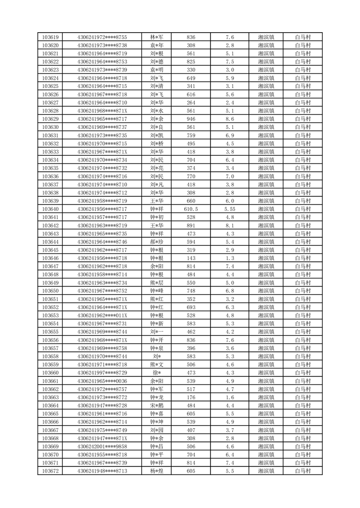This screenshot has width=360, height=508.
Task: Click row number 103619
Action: [x=50, y=37]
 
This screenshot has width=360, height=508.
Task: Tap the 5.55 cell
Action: [x=229, y=209]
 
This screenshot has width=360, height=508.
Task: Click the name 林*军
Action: [x=157, y=37]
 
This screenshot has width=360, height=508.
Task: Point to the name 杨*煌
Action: [x=157, y=471]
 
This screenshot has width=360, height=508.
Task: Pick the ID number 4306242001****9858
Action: [x=102, y=446]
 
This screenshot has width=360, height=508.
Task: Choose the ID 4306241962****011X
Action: [x=102, y=316]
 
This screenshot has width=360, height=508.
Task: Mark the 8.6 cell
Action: [x=229, y=119]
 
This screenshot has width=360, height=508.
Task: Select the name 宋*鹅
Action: [x=157, y=406]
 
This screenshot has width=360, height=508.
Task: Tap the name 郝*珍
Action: [x=157, y=242]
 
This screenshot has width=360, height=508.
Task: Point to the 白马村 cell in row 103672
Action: [x=302, y=471]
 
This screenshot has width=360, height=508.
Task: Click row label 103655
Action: [x=50, y=332]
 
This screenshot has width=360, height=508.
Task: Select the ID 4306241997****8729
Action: [x=102, y=373]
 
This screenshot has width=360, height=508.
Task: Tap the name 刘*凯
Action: [x=157, y=135]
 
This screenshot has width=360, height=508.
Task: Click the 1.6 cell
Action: [x=229, y=398]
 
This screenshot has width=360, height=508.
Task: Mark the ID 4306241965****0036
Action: [x=102, y=381]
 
